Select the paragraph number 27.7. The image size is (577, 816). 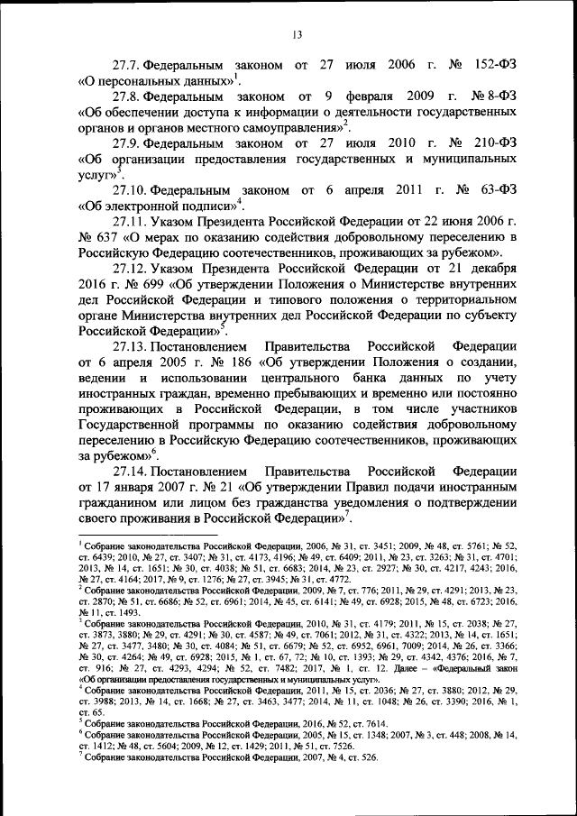pyautogui.click(x=126, y=67)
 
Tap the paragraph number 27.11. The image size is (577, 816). pyautogui.click(x=130, y=222)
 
